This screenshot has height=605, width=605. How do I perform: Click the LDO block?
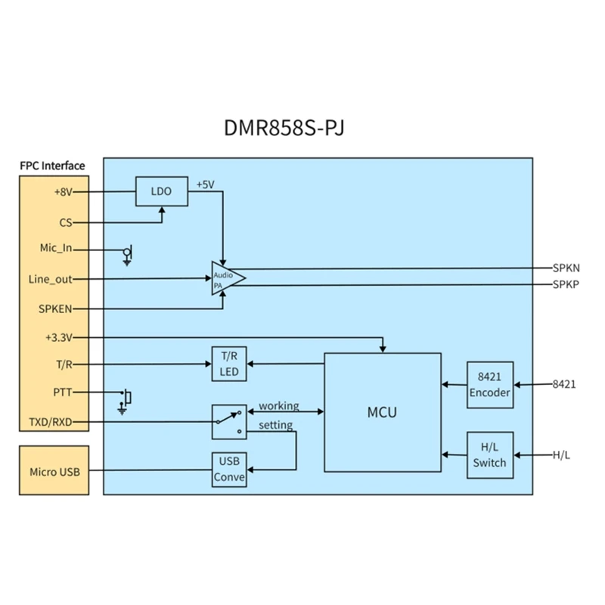pos(161,192)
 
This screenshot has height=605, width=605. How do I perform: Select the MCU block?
pos(382,412)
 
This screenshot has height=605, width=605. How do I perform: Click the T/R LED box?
pos(228,364)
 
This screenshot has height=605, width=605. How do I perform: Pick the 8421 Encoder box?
pos(490,384)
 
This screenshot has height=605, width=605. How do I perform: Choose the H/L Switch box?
pos(490,455)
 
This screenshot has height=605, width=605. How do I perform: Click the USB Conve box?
pos(228,470)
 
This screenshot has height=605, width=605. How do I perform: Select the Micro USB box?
pos(54,472)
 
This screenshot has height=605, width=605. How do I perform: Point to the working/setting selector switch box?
pos(228,421)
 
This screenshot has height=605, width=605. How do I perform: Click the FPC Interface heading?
pos(52,166)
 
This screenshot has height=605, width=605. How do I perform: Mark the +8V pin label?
pos(63,192)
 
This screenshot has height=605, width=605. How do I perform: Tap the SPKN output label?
pos(566,268)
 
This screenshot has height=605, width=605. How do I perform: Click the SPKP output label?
pos(566,284)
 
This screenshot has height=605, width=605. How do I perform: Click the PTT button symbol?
pos(127,396)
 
